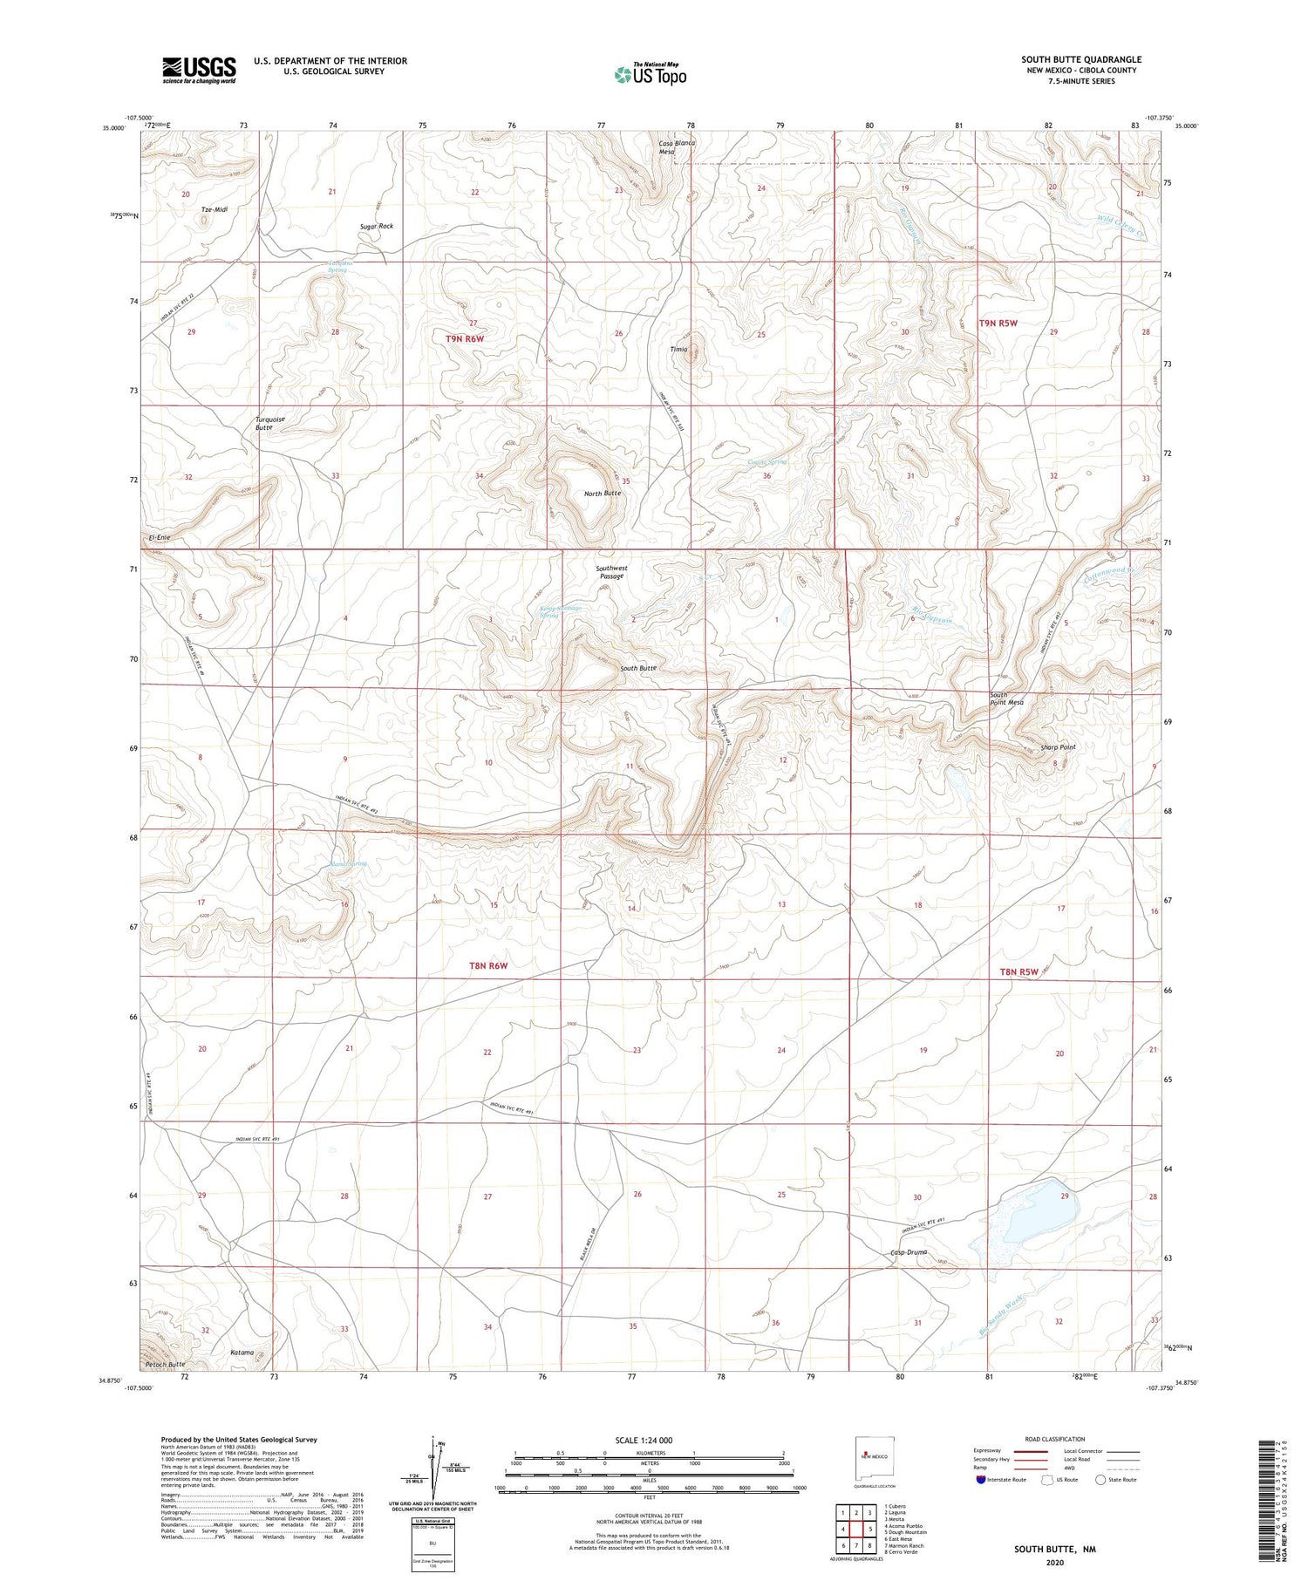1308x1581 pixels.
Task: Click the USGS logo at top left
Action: tap(199, 70)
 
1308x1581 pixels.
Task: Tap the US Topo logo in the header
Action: tap(651, 75)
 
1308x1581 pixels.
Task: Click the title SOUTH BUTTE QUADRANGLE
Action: tap(1080, 59)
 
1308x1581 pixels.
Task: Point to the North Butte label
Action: tap(603, 494)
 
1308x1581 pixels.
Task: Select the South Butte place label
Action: tap(637, 668)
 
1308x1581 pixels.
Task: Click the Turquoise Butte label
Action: tap(269, 423)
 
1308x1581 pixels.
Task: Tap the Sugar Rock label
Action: tap(377, 226)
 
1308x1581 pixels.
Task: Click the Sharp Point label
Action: tap(1058, 747)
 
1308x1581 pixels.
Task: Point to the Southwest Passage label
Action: tap(611, 572)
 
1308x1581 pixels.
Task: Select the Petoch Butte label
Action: tap(166, 1363)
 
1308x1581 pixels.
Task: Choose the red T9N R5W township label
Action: tap(998, 323)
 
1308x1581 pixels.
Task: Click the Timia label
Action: tap(678, 349)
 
